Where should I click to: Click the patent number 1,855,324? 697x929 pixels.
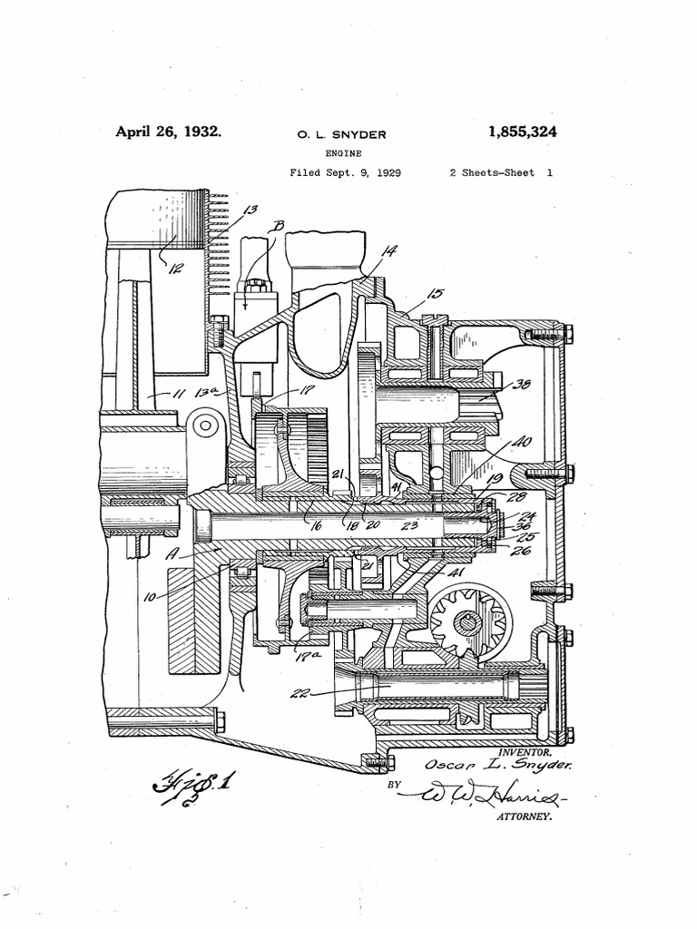coord(522,132)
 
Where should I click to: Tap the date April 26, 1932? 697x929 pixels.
coord(168,132)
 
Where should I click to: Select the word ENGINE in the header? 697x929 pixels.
coord(343,154)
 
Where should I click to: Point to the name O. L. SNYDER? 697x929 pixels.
coord(342,135)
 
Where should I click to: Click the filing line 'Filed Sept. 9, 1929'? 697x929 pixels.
coord(346,171)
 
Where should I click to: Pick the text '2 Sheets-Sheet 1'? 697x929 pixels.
coord(501,171)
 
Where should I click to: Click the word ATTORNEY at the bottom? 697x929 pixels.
coord(522,817)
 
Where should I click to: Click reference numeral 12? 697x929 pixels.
coord(172,269)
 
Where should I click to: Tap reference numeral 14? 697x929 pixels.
coord(388,252)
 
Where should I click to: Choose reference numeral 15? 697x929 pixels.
coord(435,294)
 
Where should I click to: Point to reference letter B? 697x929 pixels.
coord(278,226)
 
